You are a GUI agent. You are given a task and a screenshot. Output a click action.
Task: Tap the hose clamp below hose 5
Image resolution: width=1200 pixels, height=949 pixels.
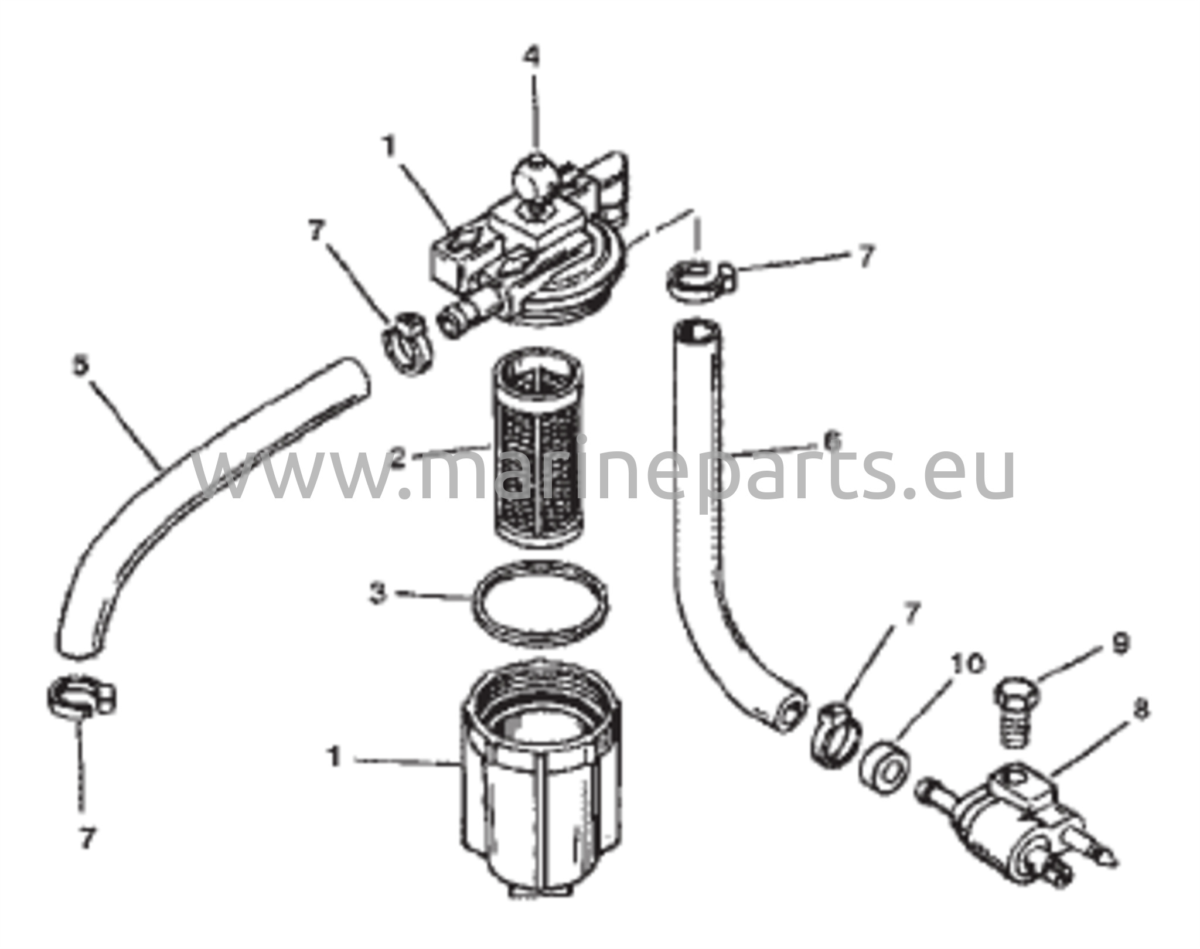(81, 697)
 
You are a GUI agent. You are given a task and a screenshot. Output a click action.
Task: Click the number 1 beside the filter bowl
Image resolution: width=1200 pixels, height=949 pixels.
(335, 757)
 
